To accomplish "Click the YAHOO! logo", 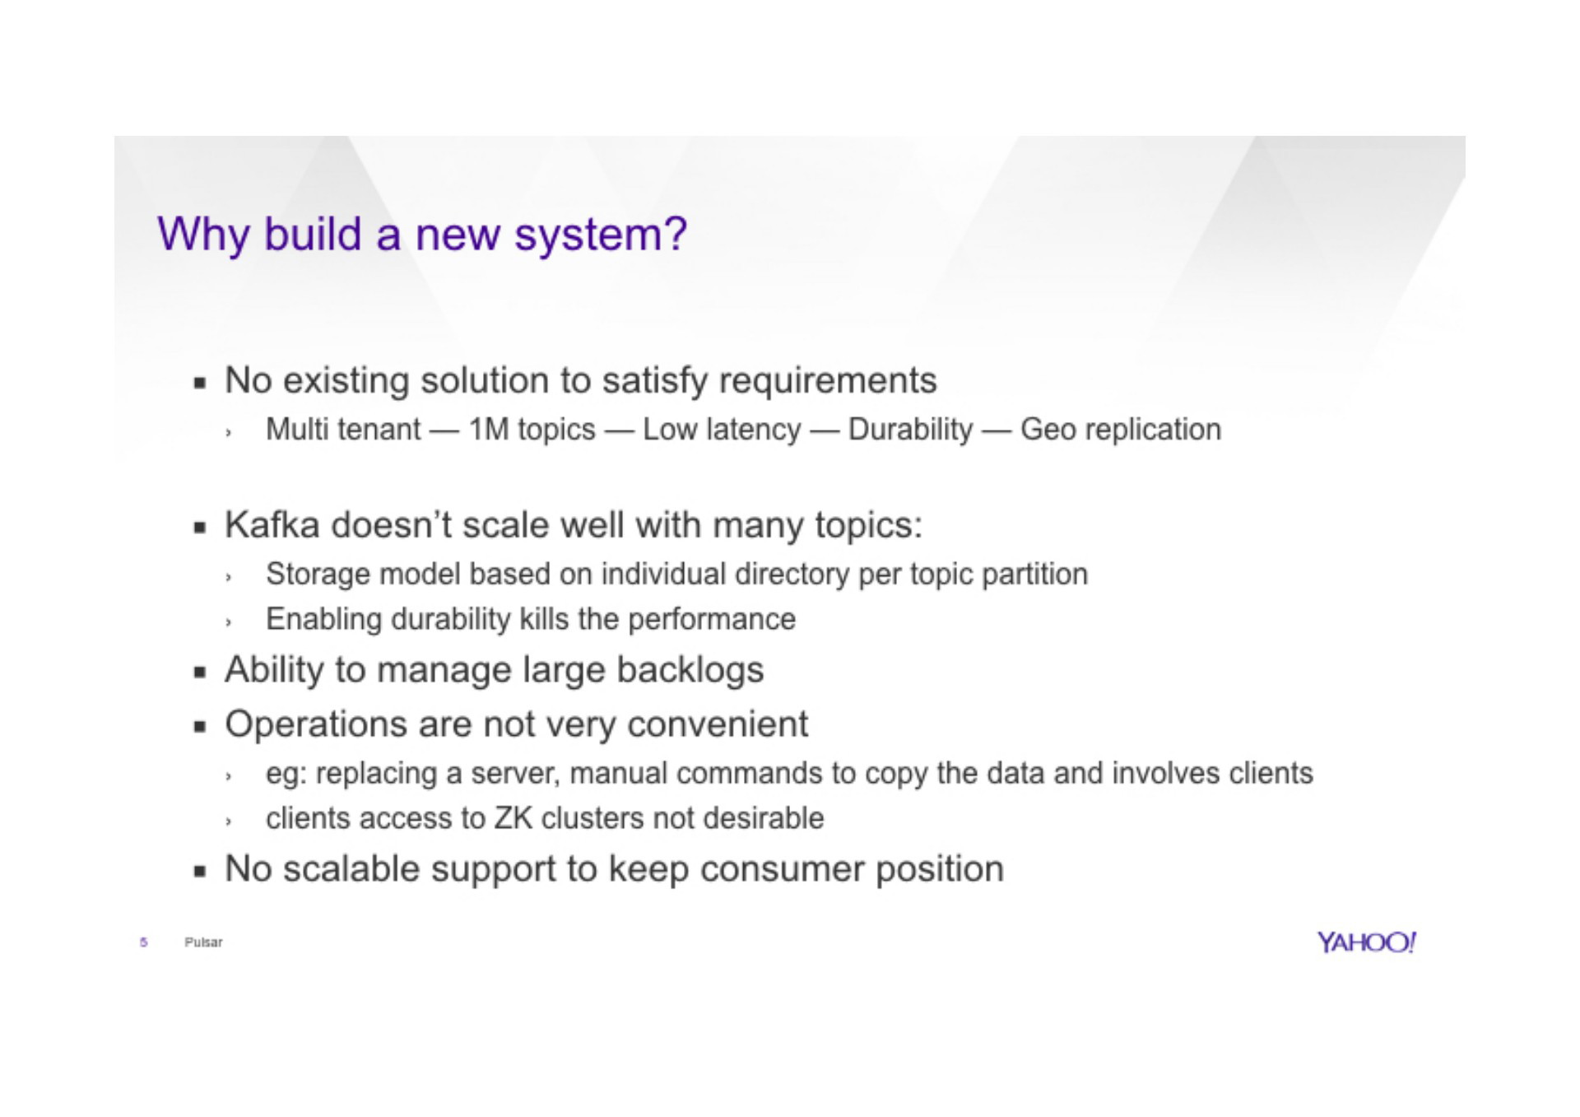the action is [x=1366, y=942].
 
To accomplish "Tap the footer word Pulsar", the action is [x=203, y=942].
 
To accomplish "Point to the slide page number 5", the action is [x=144, y=942].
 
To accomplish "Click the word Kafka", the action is [x=272, y=525].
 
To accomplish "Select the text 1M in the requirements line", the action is [x=490, y=430].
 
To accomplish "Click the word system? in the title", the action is [x=601, y=235].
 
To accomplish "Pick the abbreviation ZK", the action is [x=513, y=818].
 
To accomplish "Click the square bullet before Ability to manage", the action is [x=199, y=673].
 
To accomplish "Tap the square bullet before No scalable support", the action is [x=199, y=871].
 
